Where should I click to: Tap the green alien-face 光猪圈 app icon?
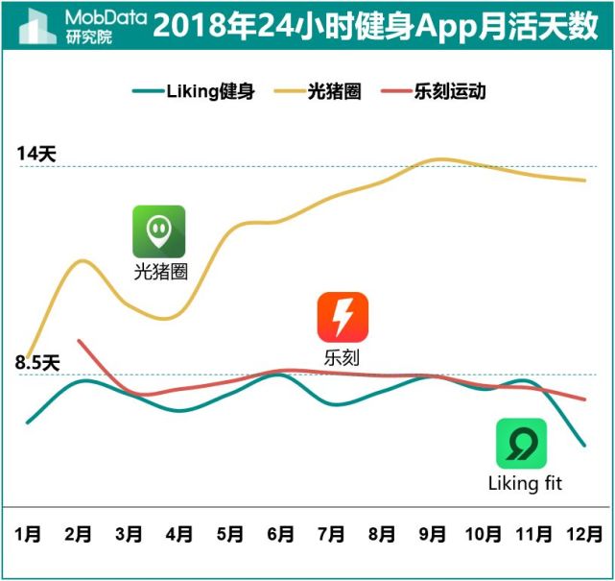pos(159,231)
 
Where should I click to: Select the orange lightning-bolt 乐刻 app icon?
pos(343,318)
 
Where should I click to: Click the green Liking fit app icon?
pos(521,444)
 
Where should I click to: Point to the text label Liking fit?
pos(525,483)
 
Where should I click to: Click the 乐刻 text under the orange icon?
pos(343,357)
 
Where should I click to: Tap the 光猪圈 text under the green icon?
pos(160,272)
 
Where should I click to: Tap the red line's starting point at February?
pos(79,340)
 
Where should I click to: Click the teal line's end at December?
pos(584,446)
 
